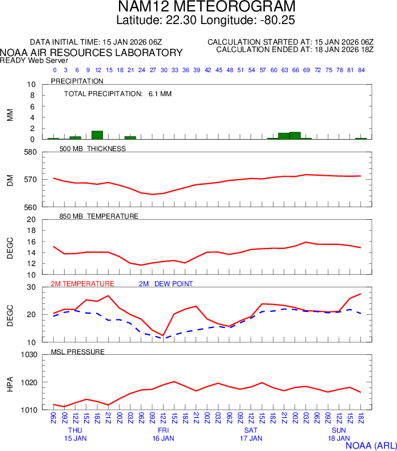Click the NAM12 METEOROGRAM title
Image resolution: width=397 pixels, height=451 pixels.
point(199,7)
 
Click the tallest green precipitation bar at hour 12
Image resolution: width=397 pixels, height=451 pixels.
point(97,135)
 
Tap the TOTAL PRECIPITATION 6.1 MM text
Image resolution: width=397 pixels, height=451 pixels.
point(118,93)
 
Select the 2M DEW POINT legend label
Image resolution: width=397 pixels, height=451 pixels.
point(166,284)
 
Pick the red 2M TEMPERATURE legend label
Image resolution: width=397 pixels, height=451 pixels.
point(82,284)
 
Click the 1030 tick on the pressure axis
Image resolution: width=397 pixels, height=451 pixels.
point(28,355)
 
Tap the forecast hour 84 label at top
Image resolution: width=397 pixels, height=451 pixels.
point(361,70)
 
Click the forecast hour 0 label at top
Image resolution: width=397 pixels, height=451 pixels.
point(54,70)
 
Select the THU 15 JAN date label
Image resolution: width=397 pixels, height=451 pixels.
point(76,434)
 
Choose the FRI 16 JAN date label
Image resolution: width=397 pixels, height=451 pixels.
point(163,434)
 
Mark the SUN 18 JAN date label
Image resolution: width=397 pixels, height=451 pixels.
point(339,434)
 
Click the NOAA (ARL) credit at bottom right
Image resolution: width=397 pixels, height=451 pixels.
point(371,445)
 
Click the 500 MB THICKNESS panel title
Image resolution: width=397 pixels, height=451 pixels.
point(93,149)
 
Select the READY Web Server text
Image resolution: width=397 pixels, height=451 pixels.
point(34,60)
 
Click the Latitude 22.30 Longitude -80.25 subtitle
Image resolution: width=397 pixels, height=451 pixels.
point(199,21)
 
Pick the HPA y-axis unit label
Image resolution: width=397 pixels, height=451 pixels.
point(10,382)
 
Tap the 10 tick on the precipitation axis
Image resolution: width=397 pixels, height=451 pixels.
point(32,85)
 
